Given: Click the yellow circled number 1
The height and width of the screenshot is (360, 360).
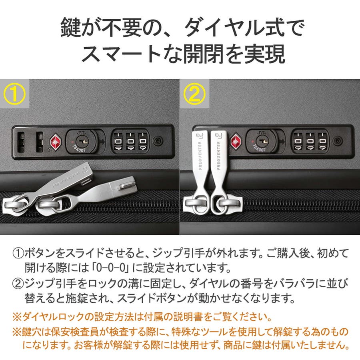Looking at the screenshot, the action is point(14,94).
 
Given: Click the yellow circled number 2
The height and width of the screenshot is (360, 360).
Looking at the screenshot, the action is point(194,94).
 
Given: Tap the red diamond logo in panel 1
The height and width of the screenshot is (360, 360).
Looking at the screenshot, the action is point(55,142).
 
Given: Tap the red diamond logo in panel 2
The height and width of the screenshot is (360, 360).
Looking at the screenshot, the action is point(236,142).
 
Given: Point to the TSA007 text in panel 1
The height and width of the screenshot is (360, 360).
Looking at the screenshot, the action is point(79,148).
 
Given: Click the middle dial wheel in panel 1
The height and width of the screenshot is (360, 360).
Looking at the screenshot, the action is point(131,142).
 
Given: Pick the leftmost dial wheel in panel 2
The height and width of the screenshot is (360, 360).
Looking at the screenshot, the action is point(298,142).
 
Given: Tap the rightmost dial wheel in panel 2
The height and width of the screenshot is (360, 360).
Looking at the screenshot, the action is point(323,142).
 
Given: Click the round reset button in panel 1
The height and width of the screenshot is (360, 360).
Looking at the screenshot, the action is point(158,140).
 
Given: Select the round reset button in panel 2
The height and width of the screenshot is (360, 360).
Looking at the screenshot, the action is point(338,140).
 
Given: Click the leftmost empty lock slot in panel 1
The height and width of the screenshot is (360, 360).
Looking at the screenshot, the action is point(21,142).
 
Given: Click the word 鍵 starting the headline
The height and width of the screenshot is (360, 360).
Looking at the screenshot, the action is point(71,28).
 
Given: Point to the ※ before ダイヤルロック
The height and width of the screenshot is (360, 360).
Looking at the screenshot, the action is point(17,317).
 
